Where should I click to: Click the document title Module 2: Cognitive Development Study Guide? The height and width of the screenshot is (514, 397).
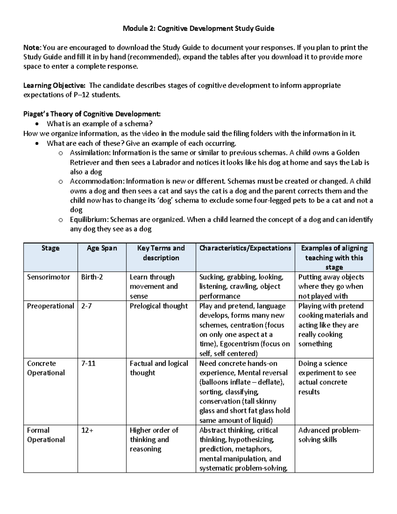tap(198, 28)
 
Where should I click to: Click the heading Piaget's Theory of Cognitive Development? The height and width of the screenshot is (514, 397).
tap(92, 114)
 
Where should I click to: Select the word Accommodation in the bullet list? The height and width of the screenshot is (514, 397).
tap(97, 181)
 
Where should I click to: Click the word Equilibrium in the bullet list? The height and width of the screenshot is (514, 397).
tap(89, 219)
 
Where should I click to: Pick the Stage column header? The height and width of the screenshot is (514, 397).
tap(50, 248)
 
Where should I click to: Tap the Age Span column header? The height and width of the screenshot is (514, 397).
tap(102, 248)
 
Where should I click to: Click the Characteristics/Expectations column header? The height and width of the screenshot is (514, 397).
tap(245, 248)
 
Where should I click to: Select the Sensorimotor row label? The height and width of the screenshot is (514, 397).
tap(48, 277)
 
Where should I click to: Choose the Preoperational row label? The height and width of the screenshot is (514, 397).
tap(50, 306)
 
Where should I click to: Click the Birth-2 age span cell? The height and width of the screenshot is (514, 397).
tap(92, 277)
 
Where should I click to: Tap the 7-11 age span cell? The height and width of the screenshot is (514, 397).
tap(88, 363)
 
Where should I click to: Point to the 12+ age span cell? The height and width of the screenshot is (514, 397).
tap(87, 430)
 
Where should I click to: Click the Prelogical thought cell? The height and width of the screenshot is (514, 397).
tap(158, 306)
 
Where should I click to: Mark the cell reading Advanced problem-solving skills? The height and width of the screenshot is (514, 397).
tap(329, 435)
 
